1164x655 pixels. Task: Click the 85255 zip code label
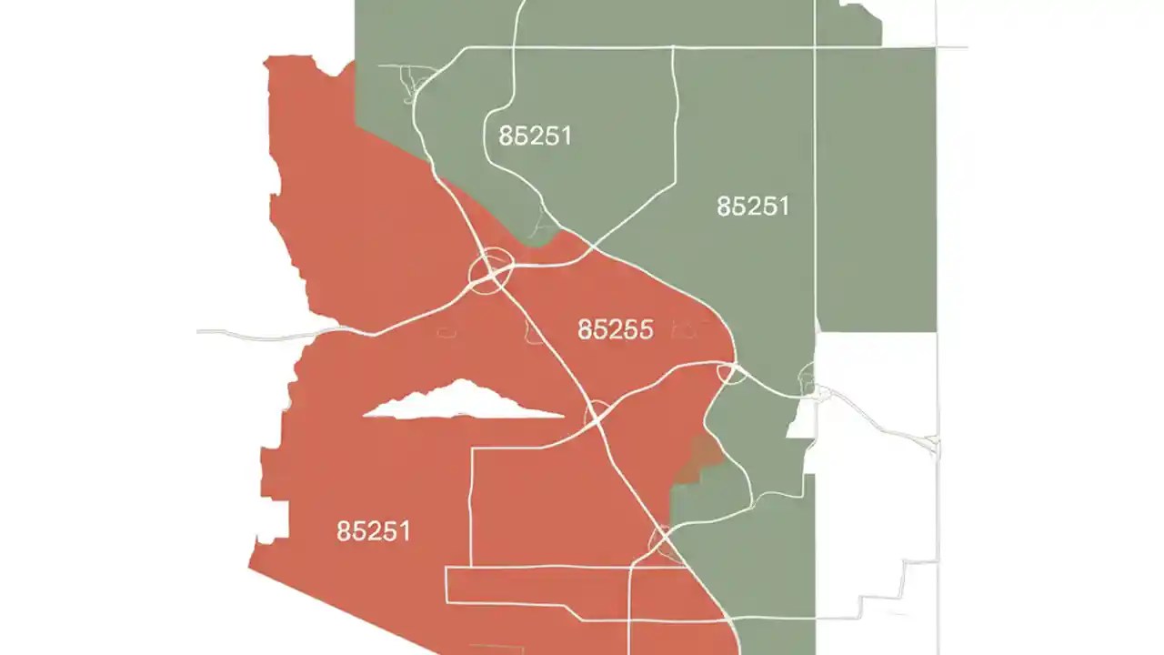tap(615, 329)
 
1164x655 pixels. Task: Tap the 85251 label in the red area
tap(373, 531)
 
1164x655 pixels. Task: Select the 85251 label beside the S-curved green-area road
tap(535, 136)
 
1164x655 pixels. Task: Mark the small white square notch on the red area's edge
tap(272, 519)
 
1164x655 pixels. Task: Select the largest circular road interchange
tap(491, 270)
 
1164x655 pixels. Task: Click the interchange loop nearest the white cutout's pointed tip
tap(597, 413)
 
